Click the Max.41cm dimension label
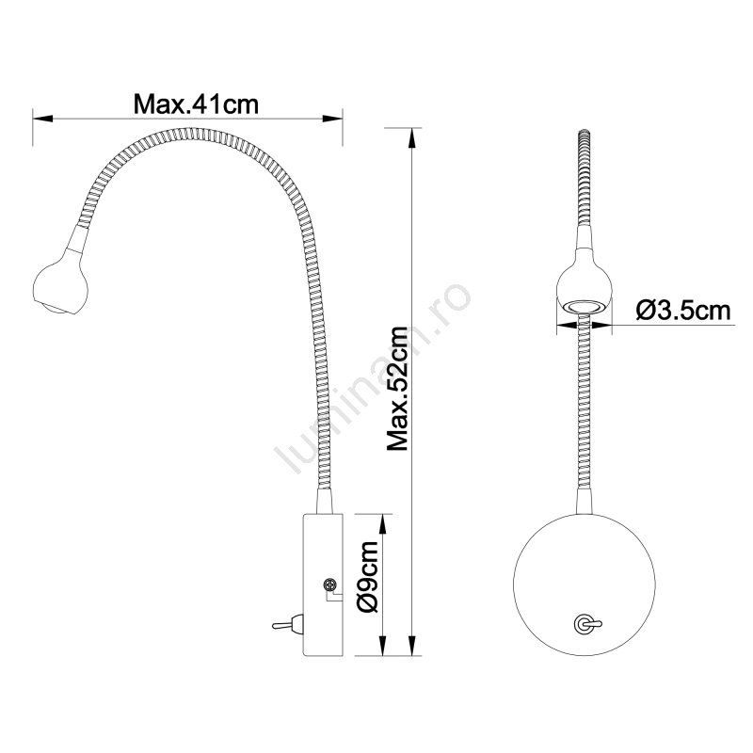pyautogui.click(x=196, y=104)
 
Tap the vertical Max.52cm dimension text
pyautogui.click(x=397, y=389)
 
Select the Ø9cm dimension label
pyautogui.click(x=368, y=576)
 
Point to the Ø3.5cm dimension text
pyautogui.click(x=683, y=311)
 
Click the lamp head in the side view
pyautogui.click(x=60, y=289)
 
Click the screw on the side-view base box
pyautogui.click(x=330, y=585)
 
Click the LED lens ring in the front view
pyautogui.click(x=584, y=307)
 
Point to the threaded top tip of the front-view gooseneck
pyautogui.click(x=584, y=134)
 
